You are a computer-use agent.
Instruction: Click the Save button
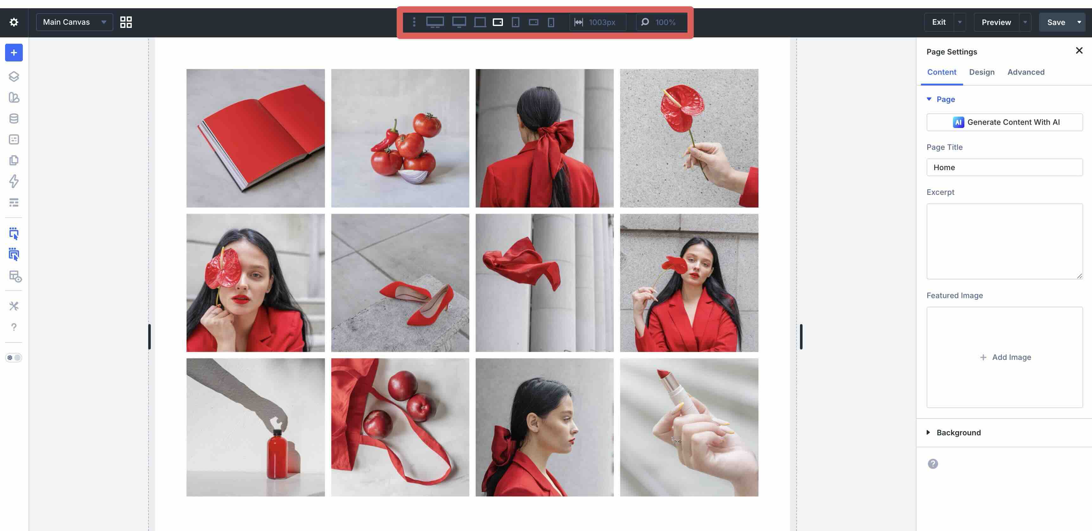point(1056,22)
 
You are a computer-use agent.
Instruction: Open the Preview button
point(996,22)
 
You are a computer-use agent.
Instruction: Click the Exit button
point(938,22)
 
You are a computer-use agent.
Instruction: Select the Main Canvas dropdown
point(74,22)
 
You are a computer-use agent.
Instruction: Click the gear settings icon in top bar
point(14,22)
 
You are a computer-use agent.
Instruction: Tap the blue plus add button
point(14,53)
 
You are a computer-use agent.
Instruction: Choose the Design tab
point(981,72)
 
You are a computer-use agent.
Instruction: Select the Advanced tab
point(1025,72)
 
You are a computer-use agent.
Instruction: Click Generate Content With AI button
point(1004,122)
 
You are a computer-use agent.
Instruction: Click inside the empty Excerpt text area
point(1004,241)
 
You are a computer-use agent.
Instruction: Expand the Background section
point(958,432)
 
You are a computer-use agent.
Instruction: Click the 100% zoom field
point(664,22)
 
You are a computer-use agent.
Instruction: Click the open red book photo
point(256,138)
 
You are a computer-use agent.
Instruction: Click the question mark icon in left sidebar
point(14,327)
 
